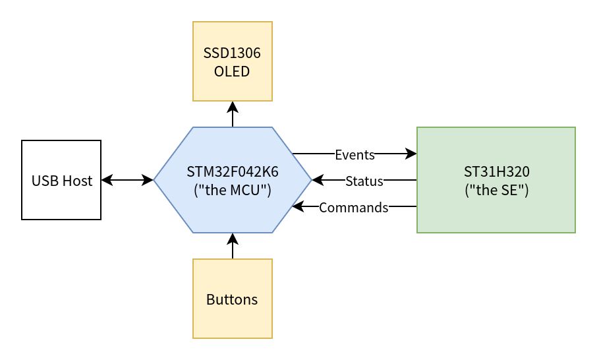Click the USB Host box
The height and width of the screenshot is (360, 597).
(61, 180)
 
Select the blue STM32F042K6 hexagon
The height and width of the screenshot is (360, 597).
(233, 180)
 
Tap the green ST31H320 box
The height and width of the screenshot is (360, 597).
(496, 180)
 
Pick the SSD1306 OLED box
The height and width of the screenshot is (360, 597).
(233, 61)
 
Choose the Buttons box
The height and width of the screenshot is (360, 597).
(233, 299)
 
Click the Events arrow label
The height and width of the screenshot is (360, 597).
(355, 155)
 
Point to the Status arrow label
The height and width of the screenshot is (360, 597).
(364, 181)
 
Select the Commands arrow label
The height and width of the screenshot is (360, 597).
(354, 208)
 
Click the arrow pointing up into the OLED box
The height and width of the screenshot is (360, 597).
(233, 114)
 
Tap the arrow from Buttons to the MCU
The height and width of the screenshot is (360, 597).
(233, 246)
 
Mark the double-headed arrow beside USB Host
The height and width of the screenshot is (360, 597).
(127, 180)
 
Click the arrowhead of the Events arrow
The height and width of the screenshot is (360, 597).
(411, 154)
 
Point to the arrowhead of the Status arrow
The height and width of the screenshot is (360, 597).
(318, 180)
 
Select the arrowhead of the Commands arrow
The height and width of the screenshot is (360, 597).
(298, 206)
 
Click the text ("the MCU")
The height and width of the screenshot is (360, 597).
(233, 190)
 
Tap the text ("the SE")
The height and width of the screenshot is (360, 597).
(496, 190)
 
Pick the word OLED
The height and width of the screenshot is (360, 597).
(232, 72)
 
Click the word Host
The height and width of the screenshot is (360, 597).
(78, 181)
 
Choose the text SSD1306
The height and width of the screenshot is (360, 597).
(232, 53)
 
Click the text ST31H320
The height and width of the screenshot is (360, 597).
(496, 172)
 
